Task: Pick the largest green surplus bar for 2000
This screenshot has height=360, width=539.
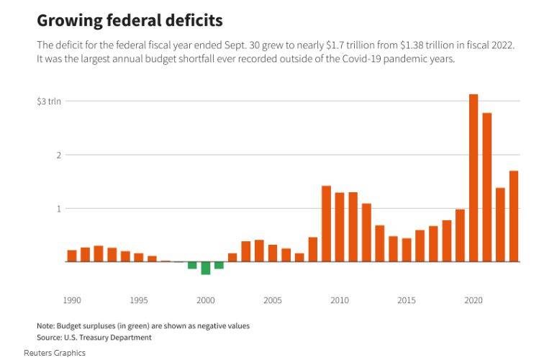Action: click(206, 268)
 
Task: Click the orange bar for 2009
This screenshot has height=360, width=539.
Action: click(326, 223)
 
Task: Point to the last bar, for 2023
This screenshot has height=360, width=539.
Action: click(514, 216)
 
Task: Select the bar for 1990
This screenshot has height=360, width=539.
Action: click(72, 256)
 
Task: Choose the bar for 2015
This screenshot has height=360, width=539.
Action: click(407, 250)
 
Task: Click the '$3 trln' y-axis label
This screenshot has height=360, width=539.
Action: click(50, 102)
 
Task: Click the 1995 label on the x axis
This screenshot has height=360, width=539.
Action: click(139, 300)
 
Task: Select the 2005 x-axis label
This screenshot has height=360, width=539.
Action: click(273, 300)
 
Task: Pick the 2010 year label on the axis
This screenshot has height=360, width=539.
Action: click(340, 300)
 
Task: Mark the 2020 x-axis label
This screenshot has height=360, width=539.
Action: click(474, 300)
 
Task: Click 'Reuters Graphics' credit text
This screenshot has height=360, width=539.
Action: click(55, 353)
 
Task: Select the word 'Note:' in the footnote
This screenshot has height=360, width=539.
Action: click(46, 325)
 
